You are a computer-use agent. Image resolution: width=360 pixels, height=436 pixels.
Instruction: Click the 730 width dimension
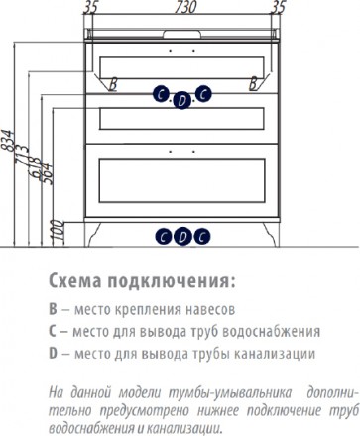click(185, 7)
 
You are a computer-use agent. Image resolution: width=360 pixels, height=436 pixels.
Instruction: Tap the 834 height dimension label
click(8, 141)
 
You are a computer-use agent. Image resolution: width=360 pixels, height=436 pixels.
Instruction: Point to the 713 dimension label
click(22, 154)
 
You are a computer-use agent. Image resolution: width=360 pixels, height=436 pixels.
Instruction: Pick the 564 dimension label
click(46, 174)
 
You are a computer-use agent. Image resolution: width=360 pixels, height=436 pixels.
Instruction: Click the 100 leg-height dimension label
click(59, 233)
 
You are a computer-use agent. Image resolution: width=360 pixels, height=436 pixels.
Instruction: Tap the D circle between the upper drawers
click(181, 100)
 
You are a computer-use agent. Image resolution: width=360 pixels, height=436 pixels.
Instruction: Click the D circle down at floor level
click(182, 237)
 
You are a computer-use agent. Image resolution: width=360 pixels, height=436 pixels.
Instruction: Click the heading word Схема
click(75, 281)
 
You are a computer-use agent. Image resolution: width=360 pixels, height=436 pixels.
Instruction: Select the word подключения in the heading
click(170, 281)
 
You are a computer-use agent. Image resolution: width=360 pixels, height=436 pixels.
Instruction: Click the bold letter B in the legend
click(53, 310)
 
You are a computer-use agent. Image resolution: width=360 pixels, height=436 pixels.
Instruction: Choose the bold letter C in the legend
click(53, 332)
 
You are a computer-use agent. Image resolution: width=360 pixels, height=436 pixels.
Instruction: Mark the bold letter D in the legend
click(54, 354)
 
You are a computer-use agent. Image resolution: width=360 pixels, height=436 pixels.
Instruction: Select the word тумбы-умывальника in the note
click(230, 393)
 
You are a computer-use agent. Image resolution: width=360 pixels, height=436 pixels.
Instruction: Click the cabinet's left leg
click(92, 235)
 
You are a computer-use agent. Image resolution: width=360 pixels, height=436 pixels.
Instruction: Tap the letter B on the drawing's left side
click(113, 84)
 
